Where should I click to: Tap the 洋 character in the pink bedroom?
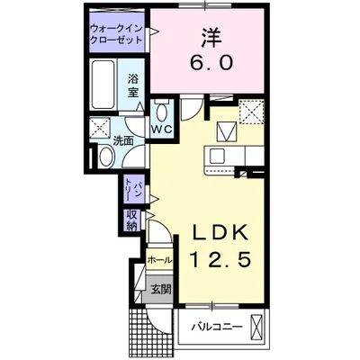(210, 38)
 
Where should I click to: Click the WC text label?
(161, 131)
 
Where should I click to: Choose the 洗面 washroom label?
(122, 140)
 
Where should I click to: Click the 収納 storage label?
(131, 220)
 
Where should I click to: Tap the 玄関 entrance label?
(159, 290)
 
